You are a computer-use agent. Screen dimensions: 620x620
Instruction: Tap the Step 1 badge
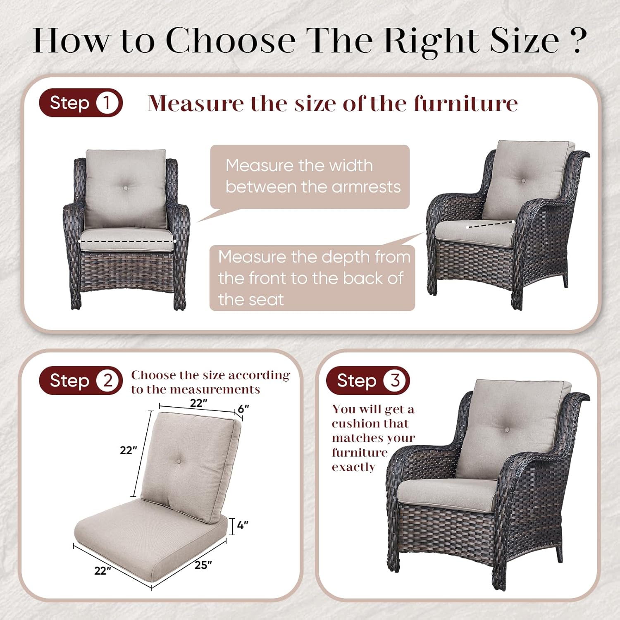tap(81, 103)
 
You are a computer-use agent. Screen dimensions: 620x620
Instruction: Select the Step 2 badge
tap(81, 380)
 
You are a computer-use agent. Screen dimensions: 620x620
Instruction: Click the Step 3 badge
tap(368, 380)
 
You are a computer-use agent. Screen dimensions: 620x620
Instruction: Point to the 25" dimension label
tap(203, 565)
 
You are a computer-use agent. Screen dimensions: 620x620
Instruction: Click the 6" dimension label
tap(243, 408)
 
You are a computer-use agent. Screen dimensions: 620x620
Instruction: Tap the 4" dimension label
tap(243, 525)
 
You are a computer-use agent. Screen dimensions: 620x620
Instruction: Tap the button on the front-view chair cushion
tap(126, 188)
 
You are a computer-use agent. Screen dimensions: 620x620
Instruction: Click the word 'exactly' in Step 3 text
tap(353, 467)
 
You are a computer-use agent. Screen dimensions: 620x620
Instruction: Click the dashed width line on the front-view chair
tap(127, 241)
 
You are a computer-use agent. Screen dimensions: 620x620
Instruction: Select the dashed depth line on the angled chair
tap(490, 224)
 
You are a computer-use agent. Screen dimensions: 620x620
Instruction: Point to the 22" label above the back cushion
tap(199, 403)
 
